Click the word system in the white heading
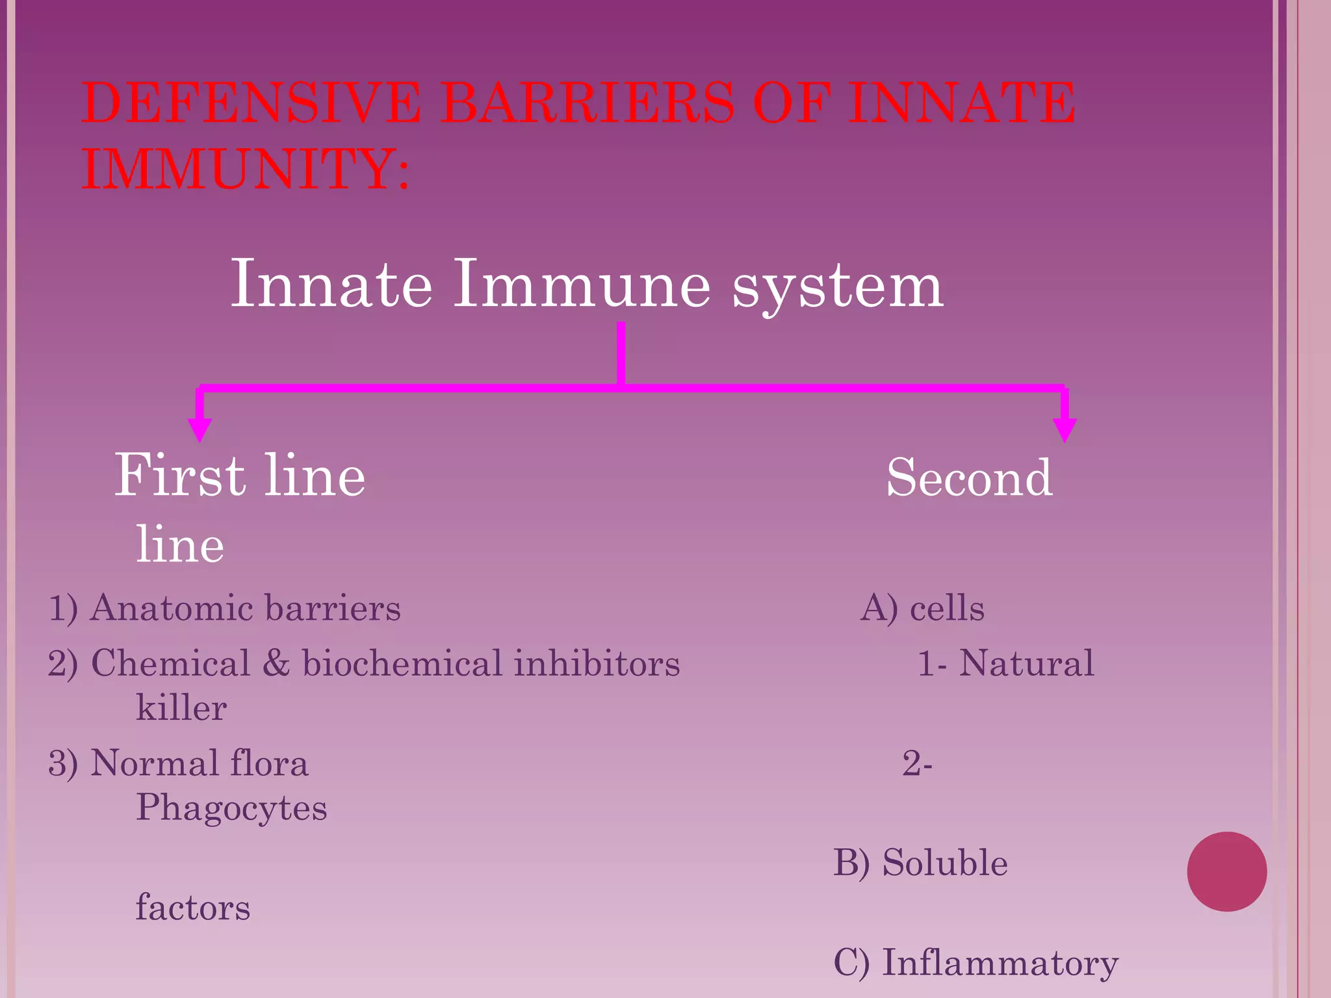tap(838, 286)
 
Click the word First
tap(179, 476)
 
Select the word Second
tap(969, 478)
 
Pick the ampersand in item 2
tap(276, 663)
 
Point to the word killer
tap(181, 708)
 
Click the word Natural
tap(1026, 663)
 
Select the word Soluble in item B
tap(944, 863)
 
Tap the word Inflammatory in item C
tap(1000, 963)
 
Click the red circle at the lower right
tap(1226, 871)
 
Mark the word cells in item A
tap(947, 609)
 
